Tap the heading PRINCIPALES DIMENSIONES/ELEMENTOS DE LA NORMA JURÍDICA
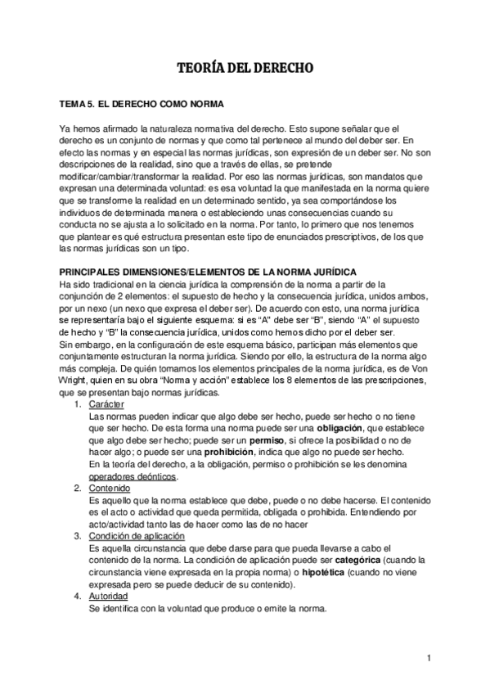(201, 272)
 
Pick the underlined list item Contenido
(109, 489)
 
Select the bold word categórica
(384, 560)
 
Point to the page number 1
(428, 657)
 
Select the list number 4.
(76, 596)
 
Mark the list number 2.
(76, 489)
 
